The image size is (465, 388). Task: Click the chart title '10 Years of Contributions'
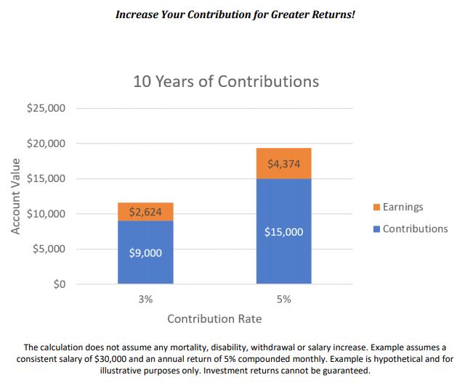(226, 81)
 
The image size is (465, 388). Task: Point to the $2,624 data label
(145, 212)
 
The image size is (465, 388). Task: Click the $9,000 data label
(145, 253)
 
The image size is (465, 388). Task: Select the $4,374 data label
(284, 164)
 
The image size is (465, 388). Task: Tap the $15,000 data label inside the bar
(284, 232)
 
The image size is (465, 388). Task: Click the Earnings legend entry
(403, 207)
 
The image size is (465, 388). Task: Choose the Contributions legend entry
(415, 228)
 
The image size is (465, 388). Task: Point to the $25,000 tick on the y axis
(46, 108)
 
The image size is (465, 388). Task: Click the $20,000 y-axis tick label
(46, 144)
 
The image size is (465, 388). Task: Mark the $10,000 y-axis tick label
(46, 214)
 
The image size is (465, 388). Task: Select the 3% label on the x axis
(145, 299)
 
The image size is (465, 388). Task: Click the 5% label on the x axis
(284, 299)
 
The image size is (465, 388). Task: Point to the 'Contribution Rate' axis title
(214, 319)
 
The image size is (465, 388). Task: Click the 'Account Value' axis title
(15, 196)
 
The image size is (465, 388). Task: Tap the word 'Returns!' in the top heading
(332, 15)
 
